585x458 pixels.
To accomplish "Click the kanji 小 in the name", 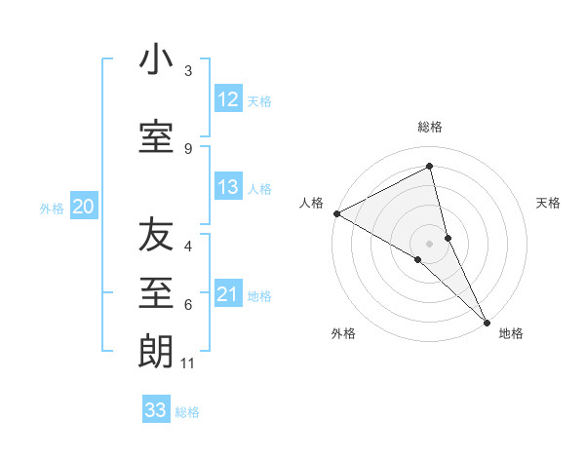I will [x=156, y=60].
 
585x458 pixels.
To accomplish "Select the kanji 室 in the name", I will [x=156, y=135].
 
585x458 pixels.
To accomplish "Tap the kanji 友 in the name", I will [x=156, y=236].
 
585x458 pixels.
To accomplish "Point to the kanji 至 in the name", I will [x=156, y=292].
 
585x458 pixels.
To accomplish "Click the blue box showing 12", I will [x=228, y=99].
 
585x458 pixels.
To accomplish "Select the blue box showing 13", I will [x=228, y=187].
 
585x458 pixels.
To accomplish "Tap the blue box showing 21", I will [x=228, y=294].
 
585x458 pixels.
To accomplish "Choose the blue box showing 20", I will [x=84, y=207].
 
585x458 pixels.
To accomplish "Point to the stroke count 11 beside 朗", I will [x=189, y=363].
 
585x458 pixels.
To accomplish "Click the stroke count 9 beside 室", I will [x=188, y=148].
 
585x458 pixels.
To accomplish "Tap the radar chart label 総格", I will [x=430, y=127].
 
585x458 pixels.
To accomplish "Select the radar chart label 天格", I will [x=549, y=203].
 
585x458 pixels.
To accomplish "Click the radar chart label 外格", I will [x=343, y=333].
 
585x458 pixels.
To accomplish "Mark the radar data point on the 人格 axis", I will [x=336, y=213].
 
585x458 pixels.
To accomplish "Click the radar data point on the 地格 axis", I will [x=487, y=320].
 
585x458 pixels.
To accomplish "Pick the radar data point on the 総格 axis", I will [x=430, y=167].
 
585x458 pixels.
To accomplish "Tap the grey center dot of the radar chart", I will [x=430, y=243].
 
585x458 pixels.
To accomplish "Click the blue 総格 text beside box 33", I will [x=187, y=412].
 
